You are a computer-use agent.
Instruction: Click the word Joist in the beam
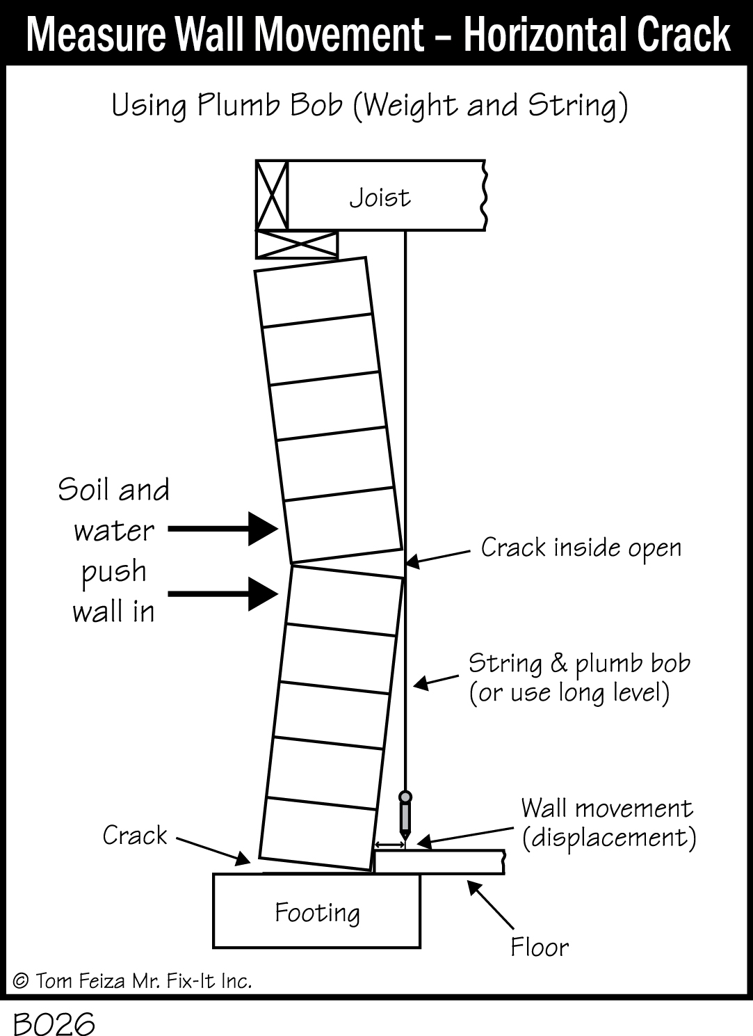(x=380, y=198)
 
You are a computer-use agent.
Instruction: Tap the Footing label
(x=317, y=912)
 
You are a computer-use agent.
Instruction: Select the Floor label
(x=540, y=947)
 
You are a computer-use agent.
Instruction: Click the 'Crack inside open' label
(x=581, y=548)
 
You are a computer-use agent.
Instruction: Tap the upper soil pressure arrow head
(x=264, y=529)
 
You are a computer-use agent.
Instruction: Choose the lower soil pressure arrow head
(x=264, y=595)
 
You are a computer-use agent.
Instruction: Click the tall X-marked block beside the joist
(x=272, y=195)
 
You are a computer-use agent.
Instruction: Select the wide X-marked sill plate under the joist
(x=297, y=244)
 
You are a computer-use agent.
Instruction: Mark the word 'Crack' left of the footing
(x=135, y=835)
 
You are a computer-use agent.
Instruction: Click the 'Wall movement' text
(x=607, y=808)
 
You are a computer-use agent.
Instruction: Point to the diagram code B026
(x=54, y=1024)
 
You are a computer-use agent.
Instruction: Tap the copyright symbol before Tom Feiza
(x=21, y=981)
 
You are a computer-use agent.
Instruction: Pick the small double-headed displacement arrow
(x=389, y=845)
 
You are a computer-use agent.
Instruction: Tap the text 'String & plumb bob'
(x=579, y=663)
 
